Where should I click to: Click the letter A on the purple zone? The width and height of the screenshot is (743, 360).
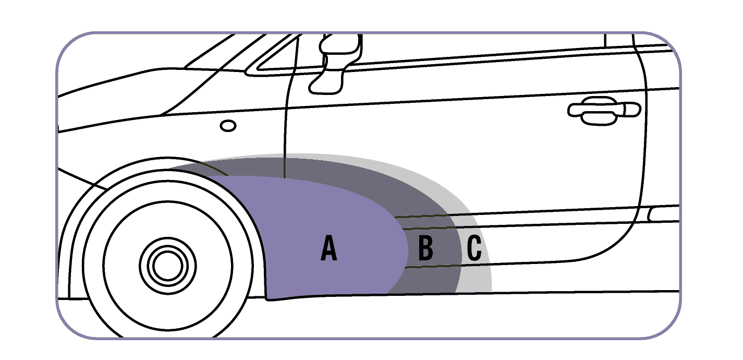328,248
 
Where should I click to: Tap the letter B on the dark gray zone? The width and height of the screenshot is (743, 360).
425,248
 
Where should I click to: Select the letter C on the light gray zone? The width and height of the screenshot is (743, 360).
474,248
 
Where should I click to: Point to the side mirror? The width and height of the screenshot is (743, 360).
334,63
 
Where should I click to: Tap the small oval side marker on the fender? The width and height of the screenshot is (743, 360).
228,126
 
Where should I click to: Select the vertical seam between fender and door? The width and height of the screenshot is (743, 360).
286,130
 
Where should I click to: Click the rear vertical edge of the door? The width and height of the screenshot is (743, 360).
645,130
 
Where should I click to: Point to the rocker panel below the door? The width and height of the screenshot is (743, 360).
574,279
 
